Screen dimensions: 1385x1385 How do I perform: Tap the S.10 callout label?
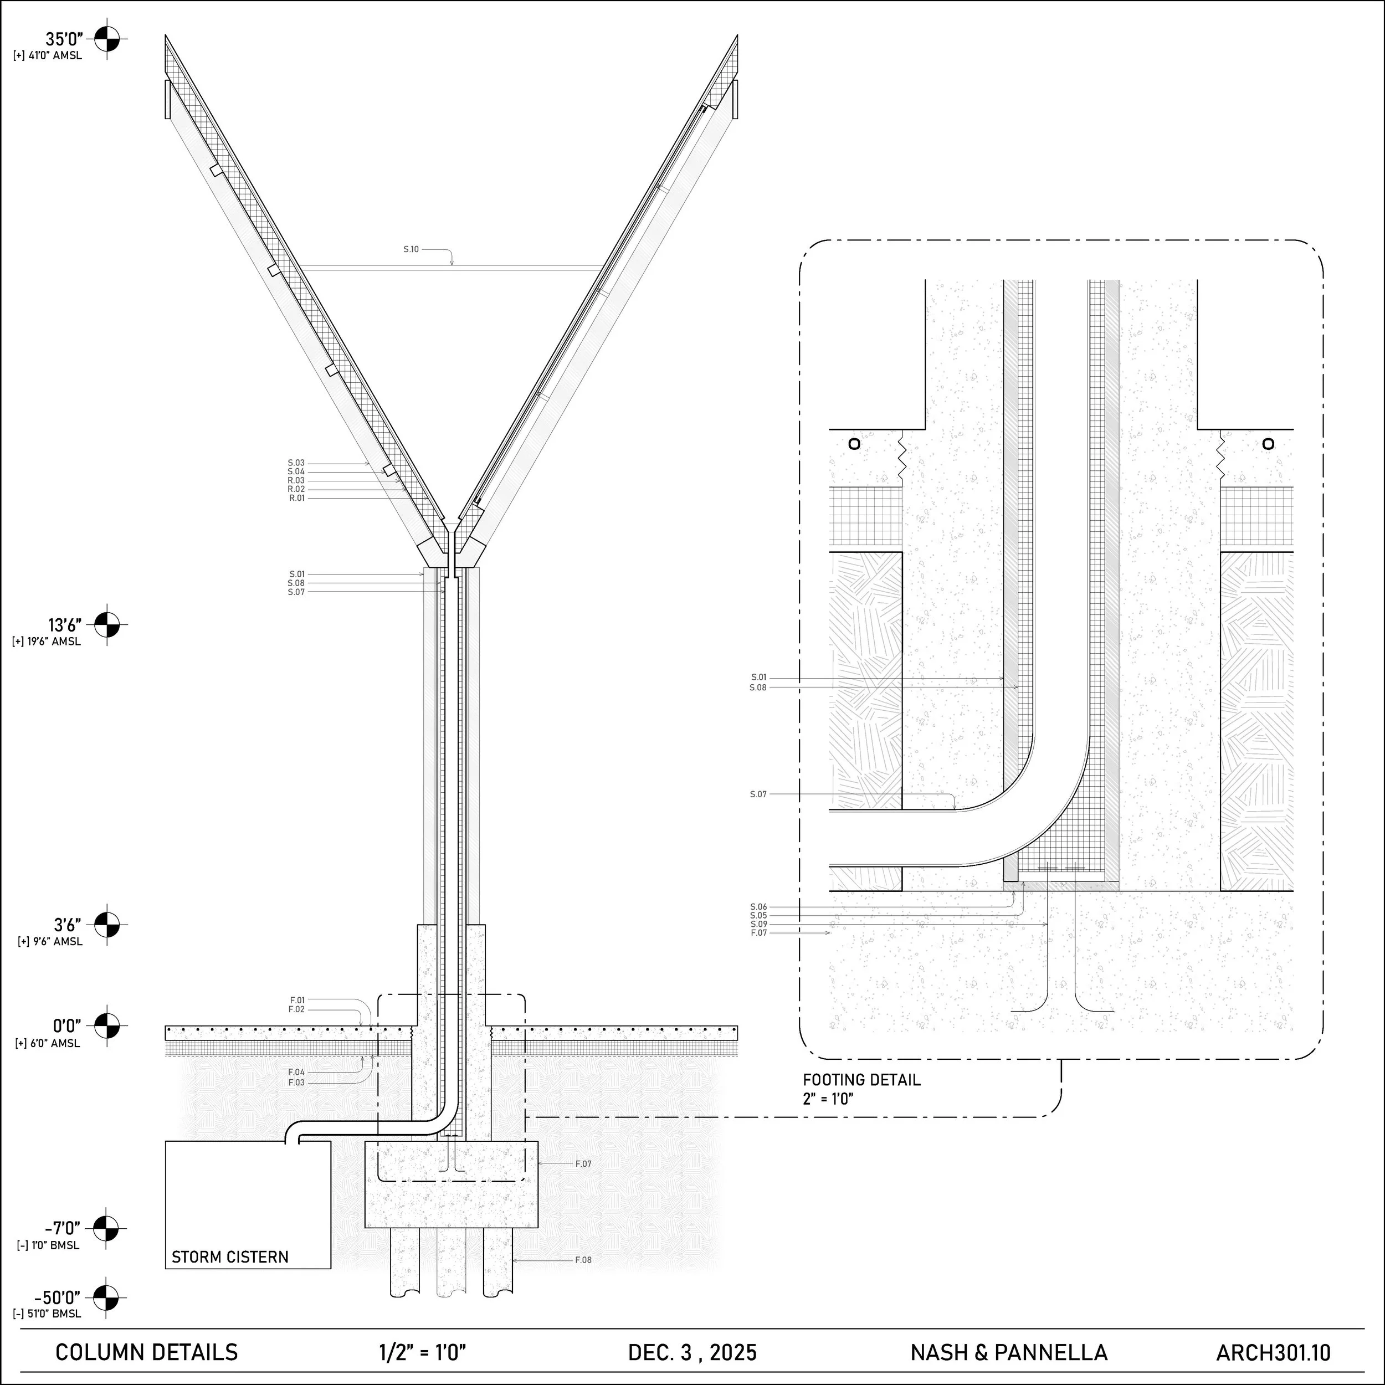[411, 249]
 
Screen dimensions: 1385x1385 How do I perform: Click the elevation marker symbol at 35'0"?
[107, 39]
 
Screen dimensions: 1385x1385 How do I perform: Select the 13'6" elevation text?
[64, 625]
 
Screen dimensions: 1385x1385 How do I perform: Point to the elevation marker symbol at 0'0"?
[107, 1025]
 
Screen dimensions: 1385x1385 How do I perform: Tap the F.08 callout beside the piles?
[583, 1260]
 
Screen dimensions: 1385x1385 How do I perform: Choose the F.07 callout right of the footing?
[583, 1163]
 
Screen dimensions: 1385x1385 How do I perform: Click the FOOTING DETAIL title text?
[861, 1080]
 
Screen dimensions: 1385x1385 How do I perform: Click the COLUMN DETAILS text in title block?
[146, 1352]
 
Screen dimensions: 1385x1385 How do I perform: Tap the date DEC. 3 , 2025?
[692, 1352]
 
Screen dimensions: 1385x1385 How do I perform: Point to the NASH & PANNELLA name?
[1009, 1352]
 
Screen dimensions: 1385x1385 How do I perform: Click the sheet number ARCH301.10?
[1273, 1352]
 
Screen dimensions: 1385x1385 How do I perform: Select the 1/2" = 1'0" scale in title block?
[422, 1352]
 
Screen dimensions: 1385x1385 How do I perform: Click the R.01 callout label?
[297, 497]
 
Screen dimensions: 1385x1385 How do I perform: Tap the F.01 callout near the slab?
[297, 1000]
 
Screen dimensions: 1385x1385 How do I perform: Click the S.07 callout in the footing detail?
[758, 794]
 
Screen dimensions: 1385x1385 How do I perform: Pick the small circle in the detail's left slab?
[854, 444]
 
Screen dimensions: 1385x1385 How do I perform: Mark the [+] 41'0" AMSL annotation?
[47, 56]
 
